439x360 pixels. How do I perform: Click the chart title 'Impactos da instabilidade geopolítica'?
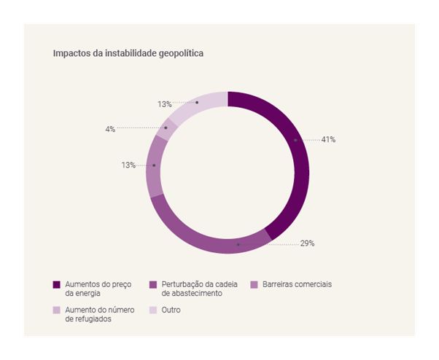128,53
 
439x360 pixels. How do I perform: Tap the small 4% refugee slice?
165,130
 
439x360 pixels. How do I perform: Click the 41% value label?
328,139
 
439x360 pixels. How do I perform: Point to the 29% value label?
307,243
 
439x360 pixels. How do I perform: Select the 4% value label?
110,129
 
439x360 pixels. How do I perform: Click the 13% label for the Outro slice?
164,104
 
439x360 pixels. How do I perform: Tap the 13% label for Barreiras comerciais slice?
128,165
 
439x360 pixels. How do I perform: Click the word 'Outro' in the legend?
170,310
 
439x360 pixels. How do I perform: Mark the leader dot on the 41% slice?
295,139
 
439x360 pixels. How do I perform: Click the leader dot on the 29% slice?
238,244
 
